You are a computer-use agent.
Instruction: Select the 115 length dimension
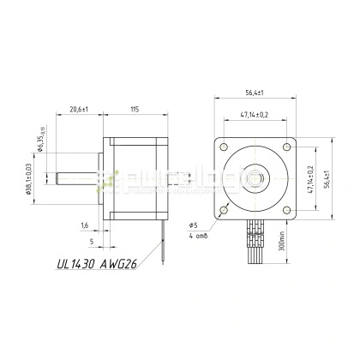(135, 110)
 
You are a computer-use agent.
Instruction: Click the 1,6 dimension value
(84, 225)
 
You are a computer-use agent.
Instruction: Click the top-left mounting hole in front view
(225, 147)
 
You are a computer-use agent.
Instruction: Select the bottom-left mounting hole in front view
(225, 209)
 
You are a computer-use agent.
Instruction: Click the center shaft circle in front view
(255, 178)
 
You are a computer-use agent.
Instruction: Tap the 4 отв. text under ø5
(196, 235)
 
